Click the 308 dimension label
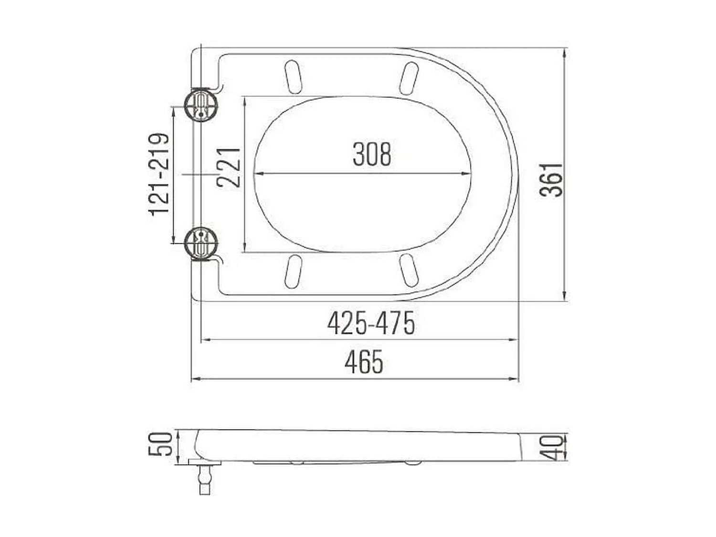coord(371,154)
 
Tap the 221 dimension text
coord(228,168)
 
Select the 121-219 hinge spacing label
coord(159,175)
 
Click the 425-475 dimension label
coord(371,324)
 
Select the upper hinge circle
coord(201,105)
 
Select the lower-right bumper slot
coord(409,270)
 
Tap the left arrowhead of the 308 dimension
coord(258,173)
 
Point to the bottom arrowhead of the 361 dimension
coord(565,297)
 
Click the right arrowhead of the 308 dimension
coord(468,173)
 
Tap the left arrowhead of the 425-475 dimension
coord(204,340)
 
